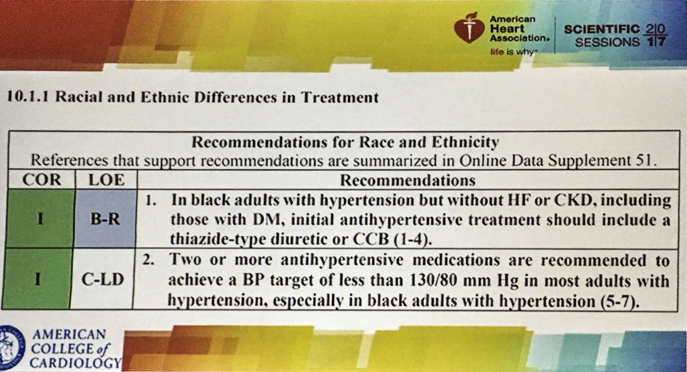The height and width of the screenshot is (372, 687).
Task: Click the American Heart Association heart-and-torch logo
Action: pyautogui.click(x=469, y=28)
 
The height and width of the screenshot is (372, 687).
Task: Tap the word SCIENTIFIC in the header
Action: pyautogui.click(x=602, y=29)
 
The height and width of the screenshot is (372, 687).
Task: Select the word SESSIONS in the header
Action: pyautogui.click(x=607, y=42)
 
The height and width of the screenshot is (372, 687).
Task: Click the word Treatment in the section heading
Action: pyautogui.click(x=340, y=97)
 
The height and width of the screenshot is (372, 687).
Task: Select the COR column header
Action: pyautogui.click(x=42, y=180)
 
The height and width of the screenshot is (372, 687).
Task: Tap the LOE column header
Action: pyautogui.click(x=106, y=180)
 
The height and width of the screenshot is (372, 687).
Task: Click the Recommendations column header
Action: pyautogui.click(x=408, y=180)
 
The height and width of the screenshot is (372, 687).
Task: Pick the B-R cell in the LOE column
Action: pyautogui.click(x=105, y=219)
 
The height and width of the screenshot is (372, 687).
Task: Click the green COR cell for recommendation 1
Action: pyautogui.click(x=40, y=219)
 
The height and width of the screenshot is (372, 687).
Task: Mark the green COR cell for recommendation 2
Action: pyautogui.click(x=37, y=279)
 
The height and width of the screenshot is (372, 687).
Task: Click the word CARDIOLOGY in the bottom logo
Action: pyautogui.click(x=76, y=363)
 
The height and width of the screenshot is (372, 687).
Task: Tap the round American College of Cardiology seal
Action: pyautogui.click(x=11, y=348)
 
